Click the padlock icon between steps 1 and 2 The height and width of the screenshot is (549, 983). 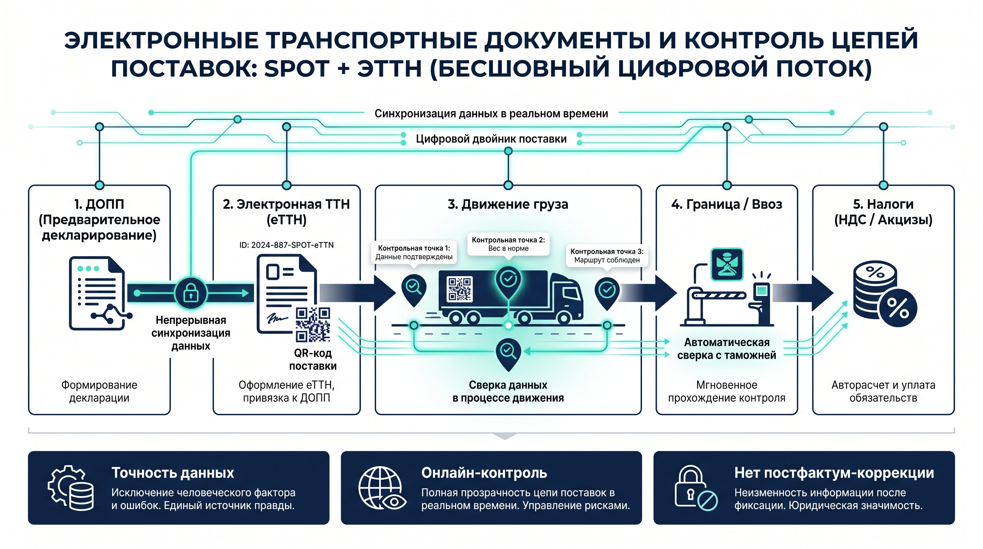pyautogui.click(x=191, y=293)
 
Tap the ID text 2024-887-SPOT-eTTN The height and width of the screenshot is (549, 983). pyautogui.click(x=286, y=245)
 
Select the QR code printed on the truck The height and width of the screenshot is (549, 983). pyautogui.click(x=459, y=289)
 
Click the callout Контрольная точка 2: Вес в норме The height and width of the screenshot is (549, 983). pyautogui.click(x=508, y=244)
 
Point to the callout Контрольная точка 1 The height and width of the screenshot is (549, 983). pyautogui.click(x=414, y=252)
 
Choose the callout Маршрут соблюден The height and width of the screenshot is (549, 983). pyautogui.click(x=607, y=256)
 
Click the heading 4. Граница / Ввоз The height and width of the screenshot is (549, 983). pyautogui.click(x=727, y=204)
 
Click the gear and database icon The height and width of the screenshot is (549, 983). pyautogui.click(x=71, y=488)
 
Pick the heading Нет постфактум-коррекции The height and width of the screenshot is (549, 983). pyautogui.click(x=834, y=473)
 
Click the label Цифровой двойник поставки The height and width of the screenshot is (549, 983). pyautogui.click(x=491, y=139)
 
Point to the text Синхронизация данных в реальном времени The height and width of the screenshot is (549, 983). pyautogui.click(x=491, y=113)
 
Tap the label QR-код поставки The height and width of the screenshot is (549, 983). pyautogui.click(x=313, y=359)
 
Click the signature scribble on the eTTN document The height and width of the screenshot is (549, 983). pyautogui.click(x=277, y=318)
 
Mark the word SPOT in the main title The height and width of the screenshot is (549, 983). pyautogui.click(x=296, y=69)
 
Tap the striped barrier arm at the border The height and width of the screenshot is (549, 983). pyautogui.click(x=719, y=295)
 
